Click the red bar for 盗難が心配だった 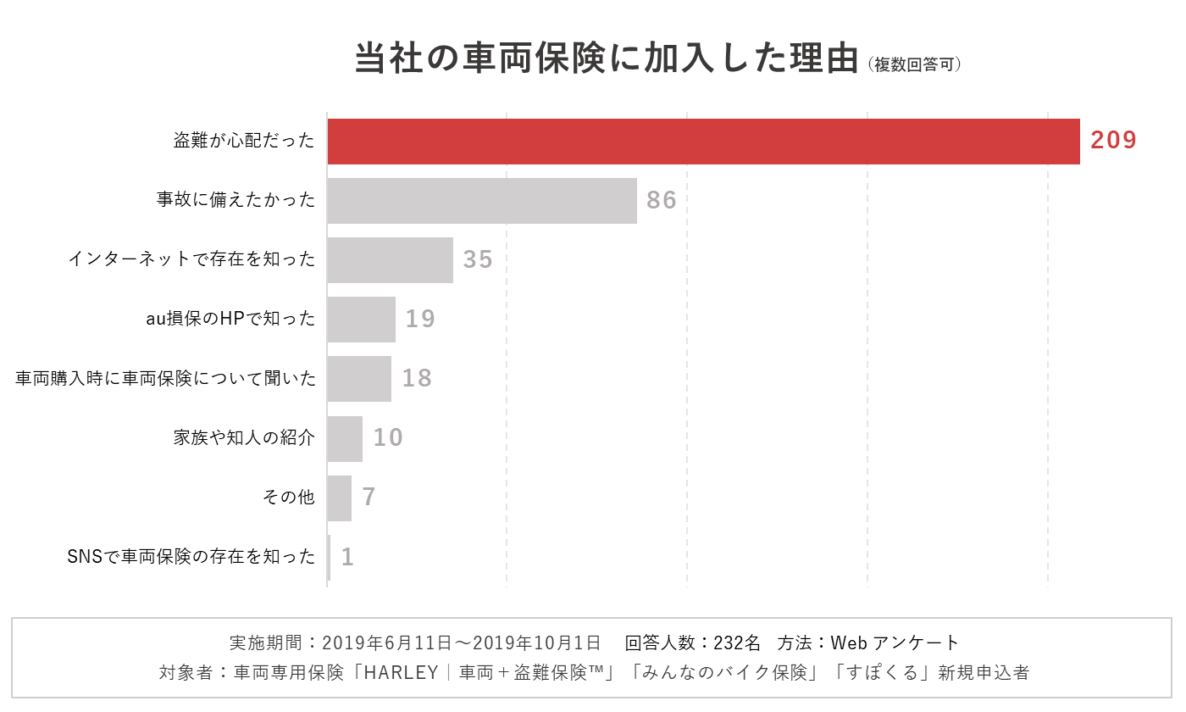pos(703,142)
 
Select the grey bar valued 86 pos(481,201)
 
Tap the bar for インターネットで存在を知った pos(390,260)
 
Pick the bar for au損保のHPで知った pos(361,320)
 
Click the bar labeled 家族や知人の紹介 pos(345,439)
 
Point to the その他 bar pos(339,498)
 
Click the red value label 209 pos(1113,141)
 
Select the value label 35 pos(478,259)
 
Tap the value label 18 pos(417,378)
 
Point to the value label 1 pos(347,557)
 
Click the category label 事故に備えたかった pos(236,200)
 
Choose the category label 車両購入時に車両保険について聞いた pos(166,379)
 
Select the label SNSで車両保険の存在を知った pos(191,558)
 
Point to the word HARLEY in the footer pos(401,673)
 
